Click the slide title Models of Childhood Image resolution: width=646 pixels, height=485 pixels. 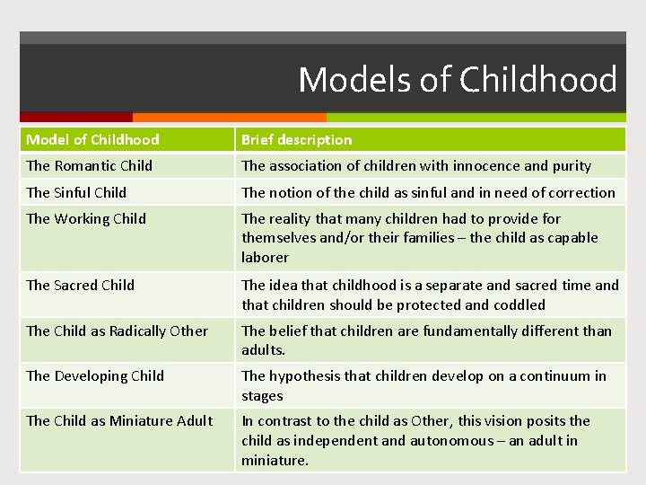458,80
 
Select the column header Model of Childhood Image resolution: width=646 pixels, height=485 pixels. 92,139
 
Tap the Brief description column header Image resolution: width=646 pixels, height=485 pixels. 296,139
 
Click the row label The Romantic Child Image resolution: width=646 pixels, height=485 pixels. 89,165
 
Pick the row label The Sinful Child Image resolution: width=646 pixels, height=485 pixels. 76,192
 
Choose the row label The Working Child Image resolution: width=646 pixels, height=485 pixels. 86,218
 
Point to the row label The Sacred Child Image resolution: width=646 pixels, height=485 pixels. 80,285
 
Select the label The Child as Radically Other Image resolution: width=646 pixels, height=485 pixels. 117,331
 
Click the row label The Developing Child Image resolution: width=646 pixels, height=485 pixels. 95,375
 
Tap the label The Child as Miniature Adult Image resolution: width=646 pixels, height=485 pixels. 119,420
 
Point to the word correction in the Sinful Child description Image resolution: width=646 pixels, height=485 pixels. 581,192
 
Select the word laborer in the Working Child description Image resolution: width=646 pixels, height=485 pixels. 265,257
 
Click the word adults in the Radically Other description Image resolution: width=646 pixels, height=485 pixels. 263,350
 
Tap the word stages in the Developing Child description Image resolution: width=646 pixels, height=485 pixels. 262,395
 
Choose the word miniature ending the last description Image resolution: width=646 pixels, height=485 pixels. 274,460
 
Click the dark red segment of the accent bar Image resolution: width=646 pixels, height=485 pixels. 76,117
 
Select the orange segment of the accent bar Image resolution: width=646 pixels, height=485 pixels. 229,117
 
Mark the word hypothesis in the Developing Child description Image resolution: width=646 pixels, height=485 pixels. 305,375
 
